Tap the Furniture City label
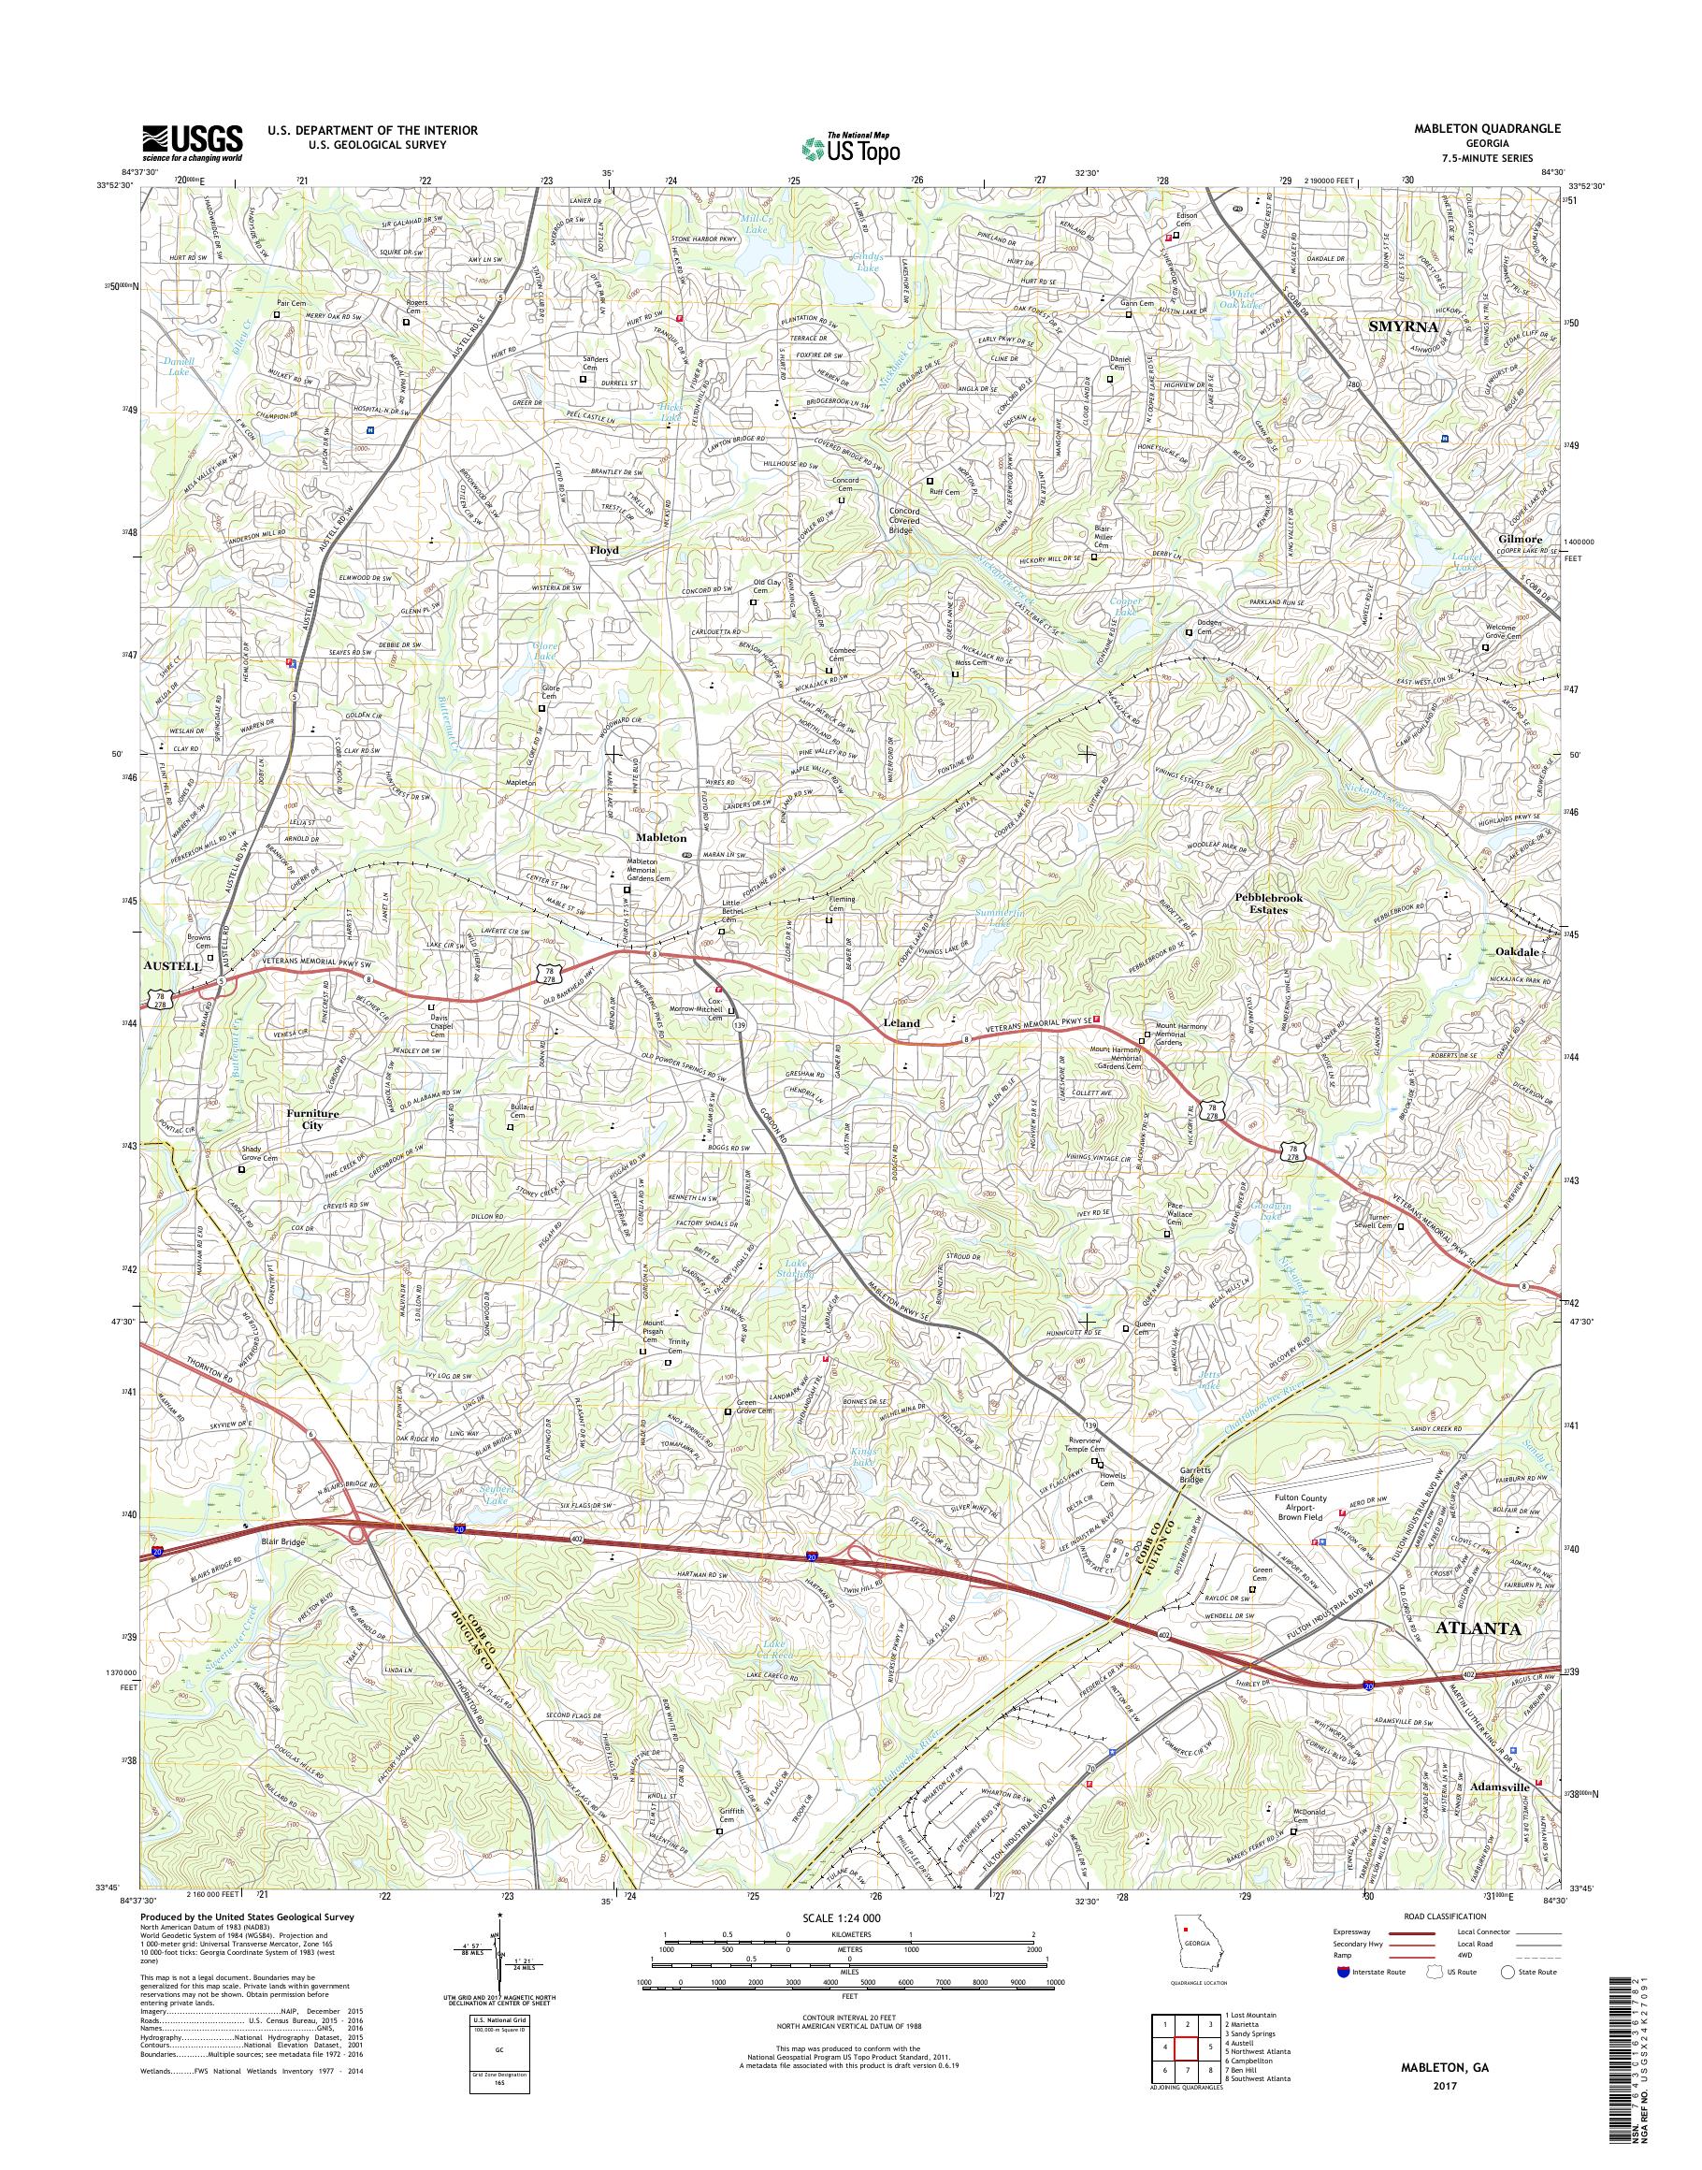[x=313, y=1119]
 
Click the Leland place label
[x=901, y=1022]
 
